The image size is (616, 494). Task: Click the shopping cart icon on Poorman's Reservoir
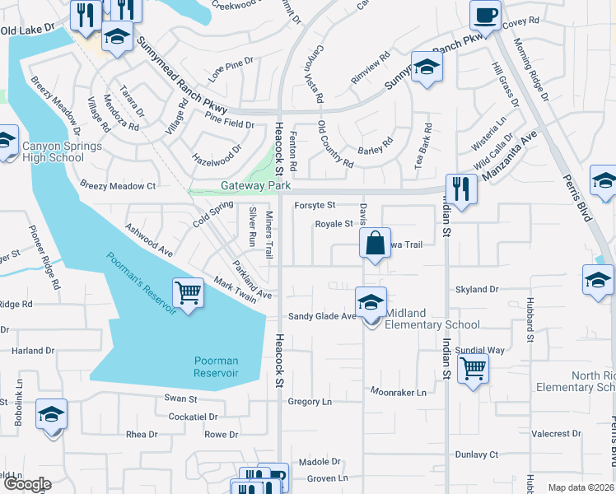(x=189, y=291)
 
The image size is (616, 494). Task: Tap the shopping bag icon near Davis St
(x=374, y=243)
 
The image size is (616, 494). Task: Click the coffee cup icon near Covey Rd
(x=485, y=14)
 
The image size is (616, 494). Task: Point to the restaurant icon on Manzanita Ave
(x=461, y=189)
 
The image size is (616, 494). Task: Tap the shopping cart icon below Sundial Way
(x=474, y=368)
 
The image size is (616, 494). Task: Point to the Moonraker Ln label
(x=399, y=392)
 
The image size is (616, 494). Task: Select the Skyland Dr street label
(x=478, y=290)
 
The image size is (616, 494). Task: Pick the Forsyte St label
(x=315, y=204)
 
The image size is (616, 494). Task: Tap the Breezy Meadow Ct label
(x=118, y=186)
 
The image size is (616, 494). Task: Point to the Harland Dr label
(x=33, y=351)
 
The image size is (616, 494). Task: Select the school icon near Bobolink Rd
(x=51, y=414)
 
